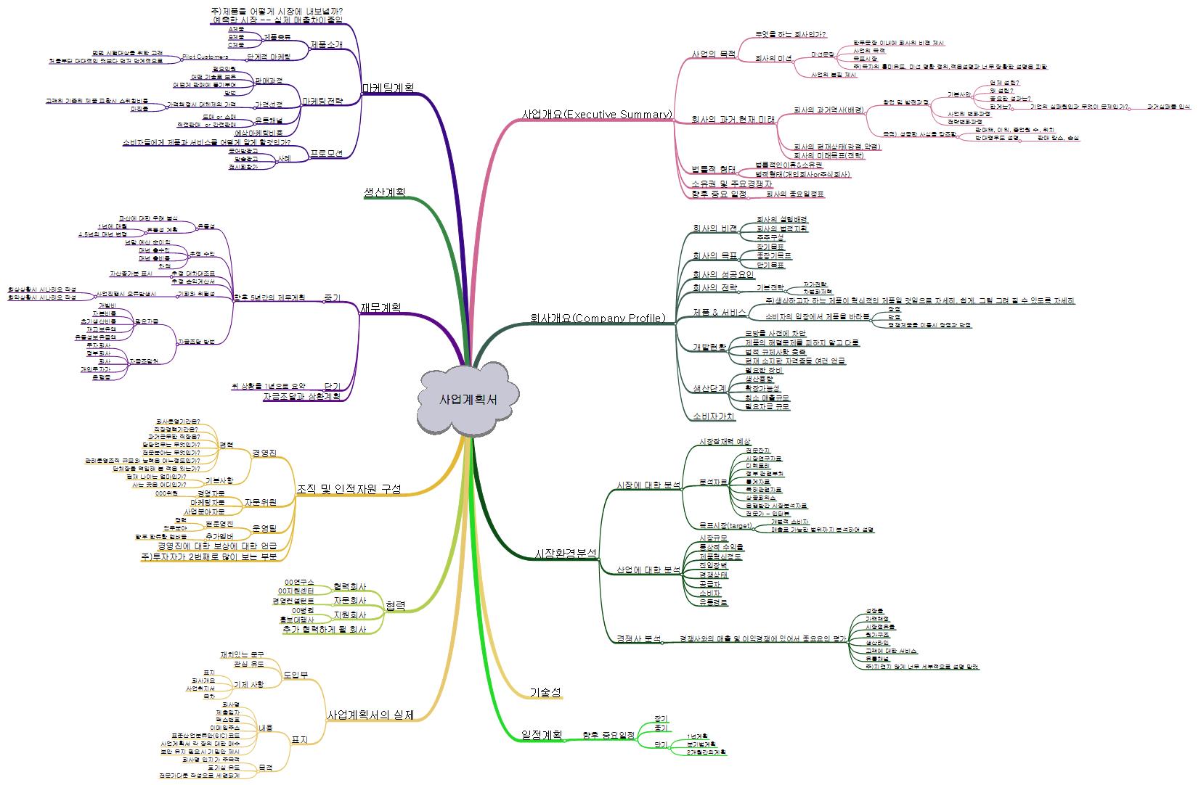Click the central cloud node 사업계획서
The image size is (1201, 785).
click(468, 400)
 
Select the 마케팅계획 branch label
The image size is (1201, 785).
click(388, 88)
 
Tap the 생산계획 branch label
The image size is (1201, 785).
click(384, 192)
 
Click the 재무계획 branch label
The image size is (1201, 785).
click(380, 308)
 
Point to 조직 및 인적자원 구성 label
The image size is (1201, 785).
click(349, 489)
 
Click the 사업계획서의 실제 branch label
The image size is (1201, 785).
click(370, 715)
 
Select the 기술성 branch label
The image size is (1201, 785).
click(545, 692)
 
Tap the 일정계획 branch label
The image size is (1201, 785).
click(542, 734)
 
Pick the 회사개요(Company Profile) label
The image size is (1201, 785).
click(598, 318)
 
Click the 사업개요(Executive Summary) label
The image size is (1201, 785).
click(597, 114)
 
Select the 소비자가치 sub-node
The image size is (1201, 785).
click(714, 416)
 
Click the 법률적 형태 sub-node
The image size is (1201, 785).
click(714, 170)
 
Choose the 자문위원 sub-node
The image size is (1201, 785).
click(260, 502)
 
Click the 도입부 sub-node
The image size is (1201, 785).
click(296, 674)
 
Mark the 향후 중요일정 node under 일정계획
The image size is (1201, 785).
click(608, 735)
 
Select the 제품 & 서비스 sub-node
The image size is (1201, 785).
click(720, 313)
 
